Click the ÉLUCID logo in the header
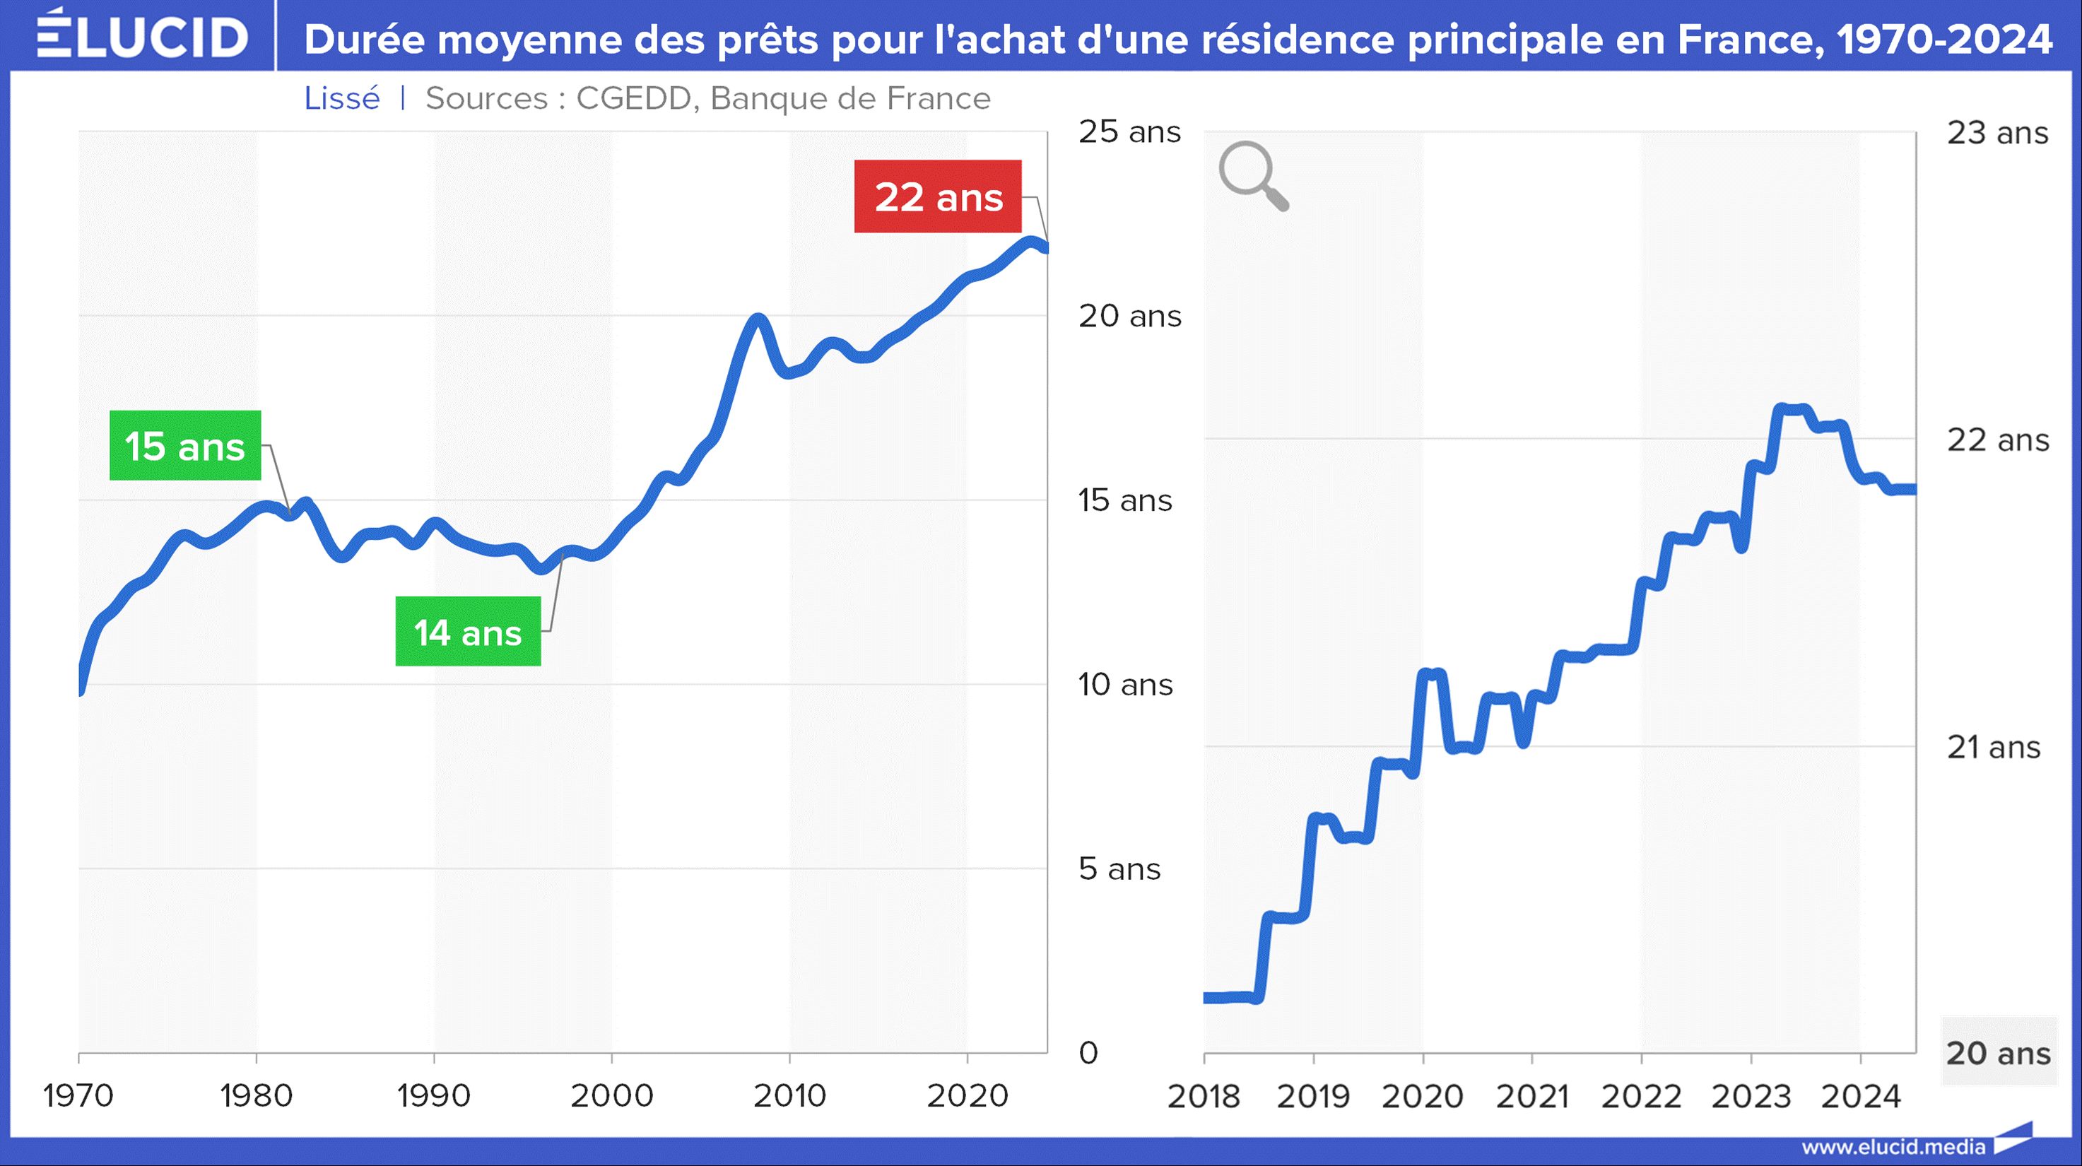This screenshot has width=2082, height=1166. pos(142,35)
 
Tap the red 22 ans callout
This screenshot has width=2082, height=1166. pos(938,197)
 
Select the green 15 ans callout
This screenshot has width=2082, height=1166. pos(185,446)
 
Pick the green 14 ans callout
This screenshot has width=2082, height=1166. pos(468,632)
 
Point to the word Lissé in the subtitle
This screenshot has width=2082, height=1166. pos(342,99)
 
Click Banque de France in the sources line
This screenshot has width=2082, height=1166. pos(850,99)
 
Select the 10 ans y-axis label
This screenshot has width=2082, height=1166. pos(1125,685)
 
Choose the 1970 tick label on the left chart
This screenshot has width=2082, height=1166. pos(78,1096)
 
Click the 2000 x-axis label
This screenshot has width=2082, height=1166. pos(612,1096)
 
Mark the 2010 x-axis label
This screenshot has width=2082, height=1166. pos(789,1096)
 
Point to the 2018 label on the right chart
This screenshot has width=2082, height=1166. pos(1204,1097)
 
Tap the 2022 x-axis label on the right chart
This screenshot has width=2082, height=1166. pos(1642,1097)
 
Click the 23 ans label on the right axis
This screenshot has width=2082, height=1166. pos(1997,133)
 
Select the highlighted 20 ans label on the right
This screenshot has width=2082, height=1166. pos(1998,1053)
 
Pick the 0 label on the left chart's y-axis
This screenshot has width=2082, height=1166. pos(1088,1053)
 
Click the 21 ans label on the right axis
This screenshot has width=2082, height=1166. pos(1993,748)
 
